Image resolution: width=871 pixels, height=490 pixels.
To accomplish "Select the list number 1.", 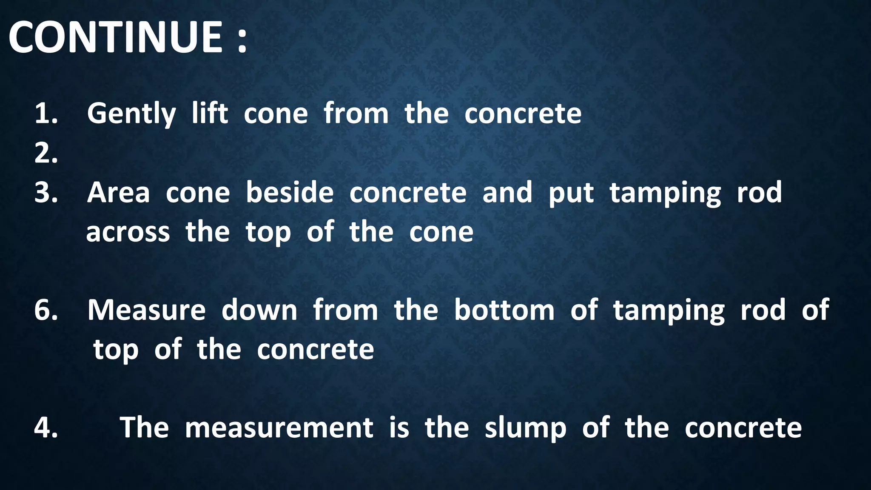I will click(x=46, y=114).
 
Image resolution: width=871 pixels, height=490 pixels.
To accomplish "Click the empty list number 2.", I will click(x=46, y=154).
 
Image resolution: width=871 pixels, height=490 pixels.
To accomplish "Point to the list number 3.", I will click(x=46, y=193).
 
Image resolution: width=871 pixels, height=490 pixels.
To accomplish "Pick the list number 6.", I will click(x=46, y=310).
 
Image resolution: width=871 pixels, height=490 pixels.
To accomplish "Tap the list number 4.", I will click(x=46, y=427).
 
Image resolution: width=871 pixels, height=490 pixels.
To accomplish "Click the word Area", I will click(x=119, y=193).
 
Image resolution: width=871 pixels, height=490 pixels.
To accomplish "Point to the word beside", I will click(x=290, y=193).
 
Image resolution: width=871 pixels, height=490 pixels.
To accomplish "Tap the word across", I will click(x=128, y=233).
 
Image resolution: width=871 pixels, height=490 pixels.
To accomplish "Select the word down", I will click(x=259, y=310).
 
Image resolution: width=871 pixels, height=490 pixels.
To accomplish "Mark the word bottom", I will click(x=504, y=310).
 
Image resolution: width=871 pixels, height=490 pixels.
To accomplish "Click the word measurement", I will click(x=279, y=427).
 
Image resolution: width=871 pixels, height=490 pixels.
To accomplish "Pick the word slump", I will click(x=526, y=428).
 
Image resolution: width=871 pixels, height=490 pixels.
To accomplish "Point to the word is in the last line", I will click(x=399, y=427).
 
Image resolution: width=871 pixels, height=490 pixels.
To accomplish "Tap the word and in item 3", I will click(x=507, y=193).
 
